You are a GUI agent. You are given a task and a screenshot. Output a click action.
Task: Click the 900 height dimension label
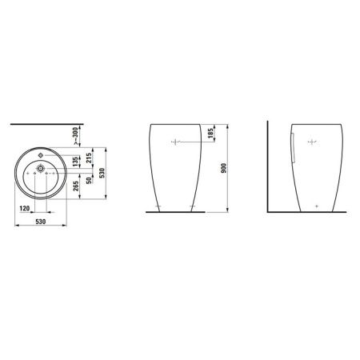point(224,168)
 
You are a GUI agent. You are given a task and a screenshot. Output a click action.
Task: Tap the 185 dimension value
point(210,134)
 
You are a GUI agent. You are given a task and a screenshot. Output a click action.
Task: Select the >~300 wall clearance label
point(75,136)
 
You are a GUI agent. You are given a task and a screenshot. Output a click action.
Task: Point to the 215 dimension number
point(89,158)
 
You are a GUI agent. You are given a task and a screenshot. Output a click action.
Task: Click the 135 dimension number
point(76,162)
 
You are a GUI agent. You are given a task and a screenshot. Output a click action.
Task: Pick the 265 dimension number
point(76,186)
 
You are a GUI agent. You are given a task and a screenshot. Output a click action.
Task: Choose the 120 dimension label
point(25,208)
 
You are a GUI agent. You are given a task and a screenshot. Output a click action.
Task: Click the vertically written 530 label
point(102,173)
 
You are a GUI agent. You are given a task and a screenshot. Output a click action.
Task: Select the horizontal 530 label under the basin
point(41,222)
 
